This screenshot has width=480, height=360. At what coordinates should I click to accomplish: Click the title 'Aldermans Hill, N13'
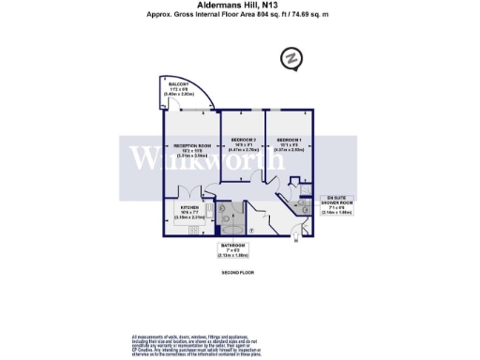coord(239,7)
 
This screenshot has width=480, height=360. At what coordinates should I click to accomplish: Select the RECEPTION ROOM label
coord(191,145)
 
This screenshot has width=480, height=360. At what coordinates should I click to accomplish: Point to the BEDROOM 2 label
coord(243,140)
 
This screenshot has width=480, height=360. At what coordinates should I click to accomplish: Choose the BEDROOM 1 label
coord(288,140)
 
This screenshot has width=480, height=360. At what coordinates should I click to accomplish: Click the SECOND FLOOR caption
coord(239,272)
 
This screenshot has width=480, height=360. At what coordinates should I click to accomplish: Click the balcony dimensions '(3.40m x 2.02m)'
coord(178,95)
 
